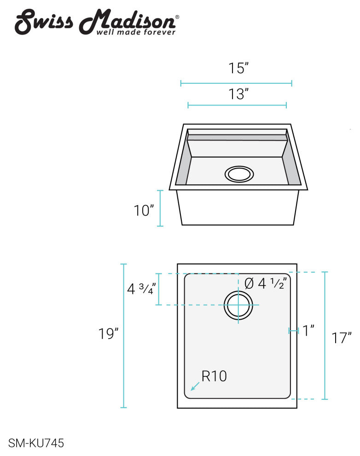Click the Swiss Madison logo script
[x=94, y=21]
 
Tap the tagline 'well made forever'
[x=135, y=32]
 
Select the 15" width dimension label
[x=238, y=69]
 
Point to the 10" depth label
[x=144, y=211]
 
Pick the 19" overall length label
[x=109, y=333]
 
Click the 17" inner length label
[x=342, y=338]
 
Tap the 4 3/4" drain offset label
[x=141, y=289]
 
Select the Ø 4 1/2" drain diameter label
[x=266, y=283]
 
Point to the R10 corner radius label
[x=214, y=376]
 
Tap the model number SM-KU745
[x=36, y=444]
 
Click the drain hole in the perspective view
[x=239, y=174]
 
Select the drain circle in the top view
[x=238, y=305]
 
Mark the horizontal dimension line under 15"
[x=236, y=83]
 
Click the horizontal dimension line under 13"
[x=237, y=105]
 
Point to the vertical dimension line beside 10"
[x=160, y=208]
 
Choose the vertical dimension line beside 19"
[x=123, y=336]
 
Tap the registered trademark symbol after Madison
[x=178, y=18]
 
